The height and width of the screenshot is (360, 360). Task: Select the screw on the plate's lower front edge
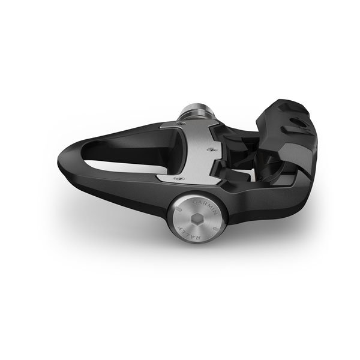pos(176,179)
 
